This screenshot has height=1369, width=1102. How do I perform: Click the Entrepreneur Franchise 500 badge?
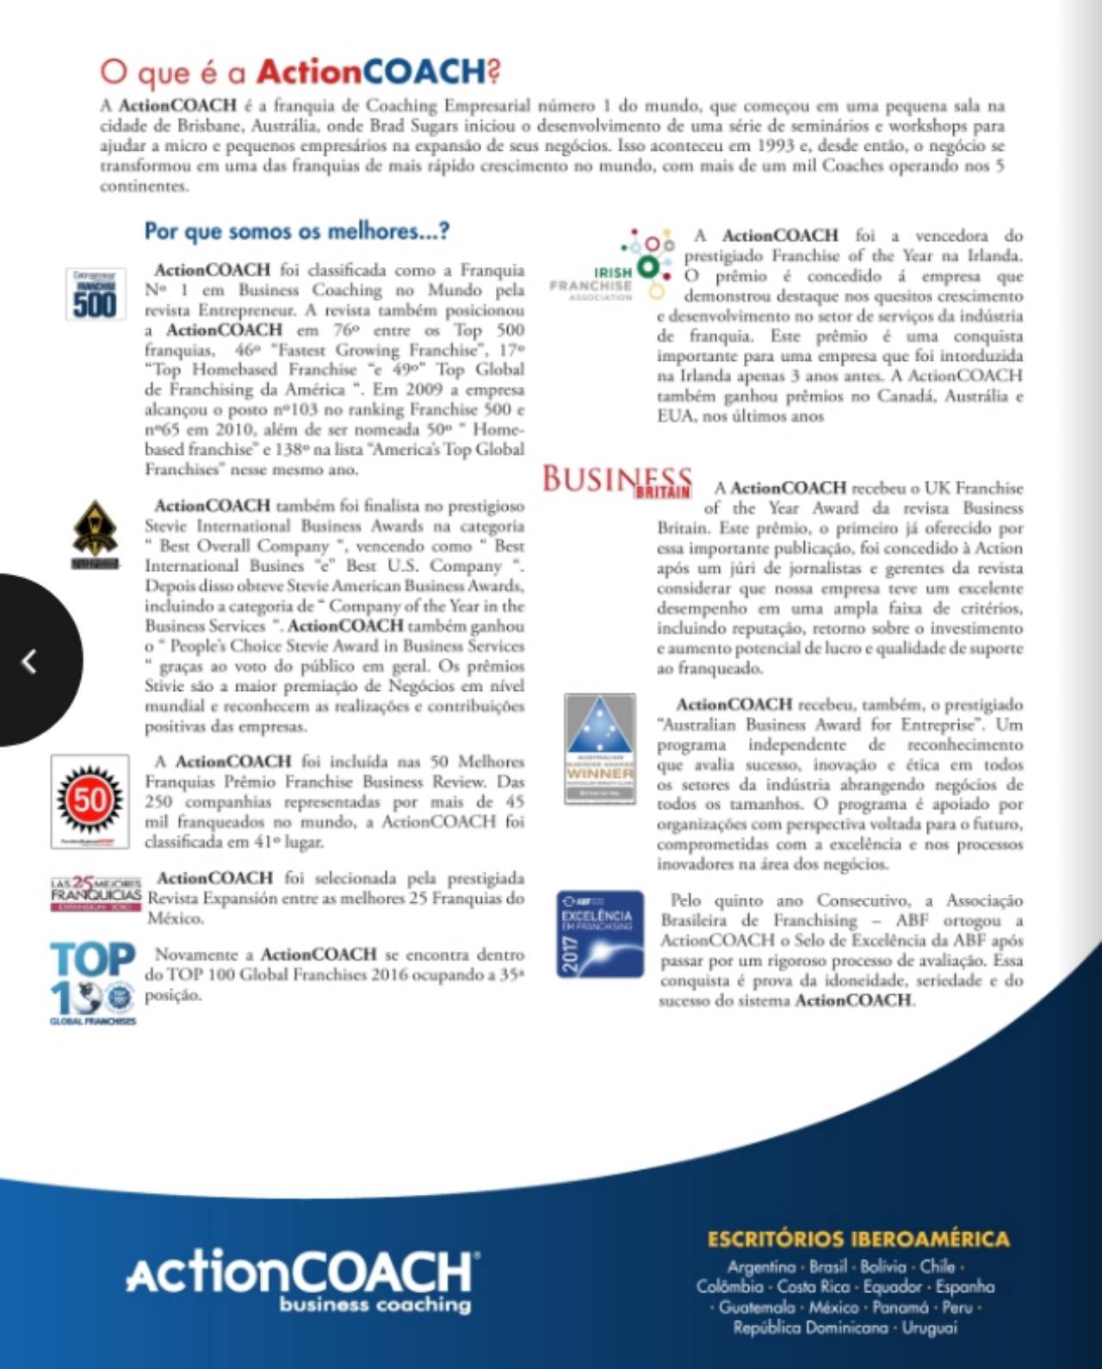(x=95, y=295)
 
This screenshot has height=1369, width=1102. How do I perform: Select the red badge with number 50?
(x=90, y=800)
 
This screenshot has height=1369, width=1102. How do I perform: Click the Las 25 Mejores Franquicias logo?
(x=95, y=893)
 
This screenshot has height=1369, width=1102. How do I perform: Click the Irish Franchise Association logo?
(x=613, y=267)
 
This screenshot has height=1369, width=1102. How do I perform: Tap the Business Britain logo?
(x=616, y=482)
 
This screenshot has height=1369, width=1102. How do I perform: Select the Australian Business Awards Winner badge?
(x=600, y=749)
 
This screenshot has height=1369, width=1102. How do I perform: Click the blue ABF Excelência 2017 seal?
(x=600, y=934)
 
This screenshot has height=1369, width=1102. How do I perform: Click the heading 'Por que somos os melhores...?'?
(x=296, y=232)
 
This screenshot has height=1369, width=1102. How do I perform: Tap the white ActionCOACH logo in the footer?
(x=301, y=1273)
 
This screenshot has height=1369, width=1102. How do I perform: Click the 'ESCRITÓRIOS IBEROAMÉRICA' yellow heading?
(x=857, y=1239)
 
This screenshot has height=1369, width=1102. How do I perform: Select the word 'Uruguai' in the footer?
(x=929, y=1328)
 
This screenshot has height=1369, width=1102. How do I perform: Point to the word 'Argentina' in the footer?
(x=762, y=1267)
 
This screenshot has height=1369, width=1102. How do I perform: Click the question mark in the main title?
(x=493, y=71)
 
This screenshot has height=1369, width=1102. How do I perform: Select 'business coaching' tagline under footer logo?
(x=375, y=1304)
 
